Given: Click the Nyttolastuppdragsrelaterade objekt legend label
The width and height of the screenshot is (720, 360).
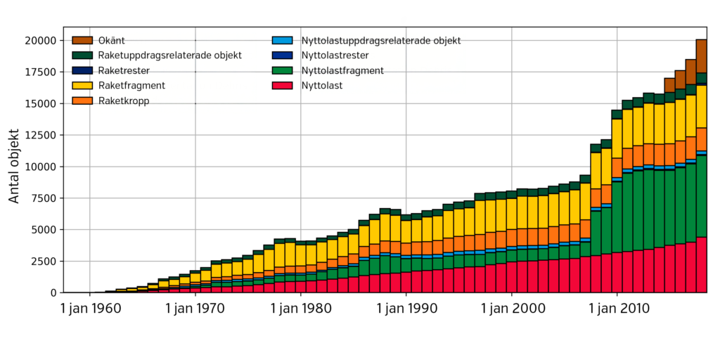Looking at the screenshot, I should click(x=380, y=41).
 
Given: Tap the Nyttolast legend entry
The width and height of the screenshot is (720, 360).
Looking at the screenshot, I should click(x=323, y=86).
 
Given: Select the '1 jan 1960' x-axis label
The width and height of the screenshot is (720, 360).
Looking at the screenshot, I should click(x=90, y=308).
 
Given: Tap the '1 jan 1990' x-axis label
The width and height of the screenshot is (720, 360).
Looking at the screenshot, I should click(x=406, y=308).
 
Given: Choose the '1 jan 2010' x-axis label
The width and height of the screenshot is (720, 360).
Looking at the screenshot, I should click(x=617, y=308).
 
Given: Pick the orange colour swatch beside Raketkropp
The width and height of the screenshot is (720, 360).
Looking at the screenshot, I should click(x=82, y=101).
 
